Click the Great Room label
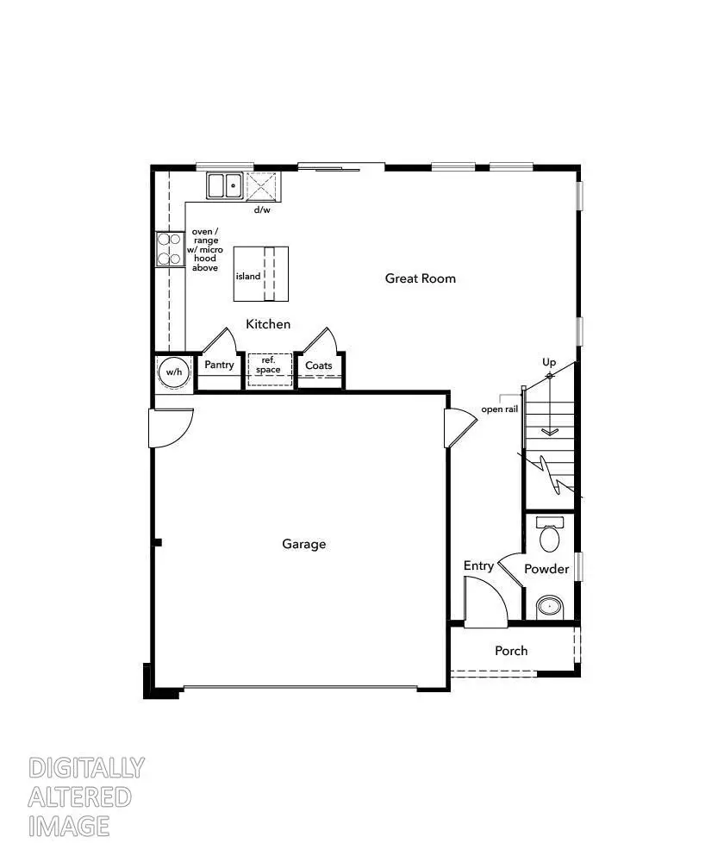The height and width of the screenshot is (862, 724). pyautogui.click(x=420, y=278)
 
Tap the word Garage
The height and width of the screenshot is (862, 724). pyautogui.click(x=304, y=544)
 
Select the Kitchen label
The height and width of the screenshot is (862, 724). pyautogui.click(x=268, y=324)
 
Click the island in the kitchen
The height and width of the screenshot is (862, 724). pyautogui.click(x=260, y=274)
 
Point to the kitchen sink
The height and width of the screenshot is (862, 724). pyautogui.click(x=225, y=185)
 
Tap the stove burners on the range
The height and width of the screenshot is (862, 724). pyautogui.click(x=170, y=249)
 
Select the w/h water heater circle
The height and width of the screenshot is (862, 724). pyautogui.click(x=174, y=372)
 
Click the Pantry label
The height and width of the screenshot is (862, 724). pyautogui.click(x=220, y=365)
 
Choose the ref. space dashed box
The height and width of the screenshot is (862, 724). pyautogui.click(x=270, y=366)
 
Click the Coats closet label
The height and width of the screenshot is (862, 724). pyautogui.click(x=319, y=365)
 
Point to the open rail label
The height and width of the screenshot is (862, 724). pyautogui.click(x=500, y=409)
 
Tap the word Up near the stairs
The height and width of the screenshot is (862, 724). pyautogui.click(x=549, y=362)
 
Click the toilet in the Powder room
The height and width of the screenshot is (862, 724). pyautogui.click(x=549, y=536)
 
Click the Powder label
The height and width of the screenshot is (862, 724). pyautogui.click(x=546, y=569)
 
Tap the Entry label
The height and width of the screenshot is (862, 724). pyautogui.click(x=478, y=565)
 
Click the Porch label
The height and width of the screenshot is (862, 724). pyautogui.click(x=511, y=651)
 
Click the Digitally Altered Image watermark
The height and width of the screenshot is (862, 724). pyautogui.click(x=86, y=796)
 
